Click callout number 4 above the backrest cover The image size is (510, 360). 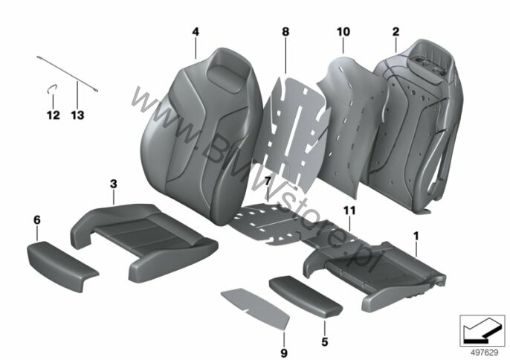pos(196,32)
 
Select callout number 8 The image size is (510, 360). pos(285,32)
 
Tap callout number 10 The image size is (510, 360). pos(343,32)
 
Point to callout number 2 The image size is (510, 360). pos(396,32)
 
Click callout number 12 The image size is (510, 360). pos(54,115)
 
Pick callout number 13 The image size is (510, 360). pos(78,115)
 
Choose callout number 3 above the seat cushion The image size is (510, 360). pos(113,184)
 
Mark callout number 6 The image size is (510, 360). pos(37,220)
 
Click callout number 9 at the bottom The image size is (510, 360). pos(284,353)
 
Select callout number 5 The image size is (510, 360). pos(325,341)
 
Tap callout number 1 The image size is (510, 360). pos(416,236)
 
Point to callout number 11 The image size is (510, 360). pos(349,210)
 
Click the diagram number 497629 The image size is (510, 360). pos(485,353)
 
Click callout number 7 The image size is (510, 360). pos(268,182)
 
